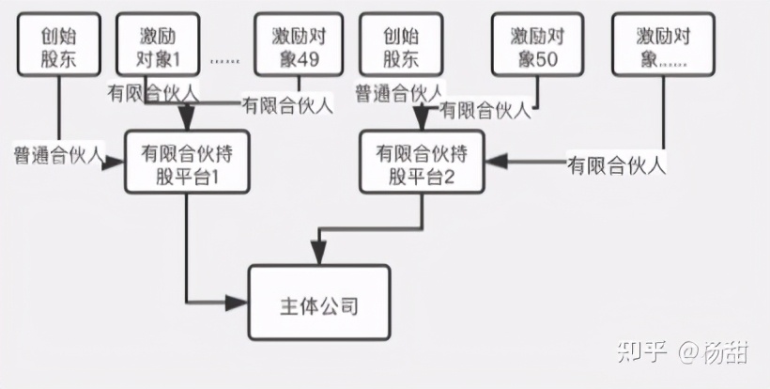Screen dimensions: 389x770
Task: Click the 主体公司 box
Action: point(318,303)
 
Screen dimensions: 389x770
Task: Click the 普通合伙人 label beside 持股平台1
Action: point(57,152)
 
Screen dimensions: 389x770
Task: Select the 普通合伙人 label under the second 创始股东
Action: point(399,92)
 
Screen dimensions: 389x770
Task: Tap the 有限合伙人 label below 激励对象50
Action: point(485,110)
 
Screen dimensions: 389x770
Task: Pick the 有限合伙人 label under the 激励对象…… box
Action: point(617,165)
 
